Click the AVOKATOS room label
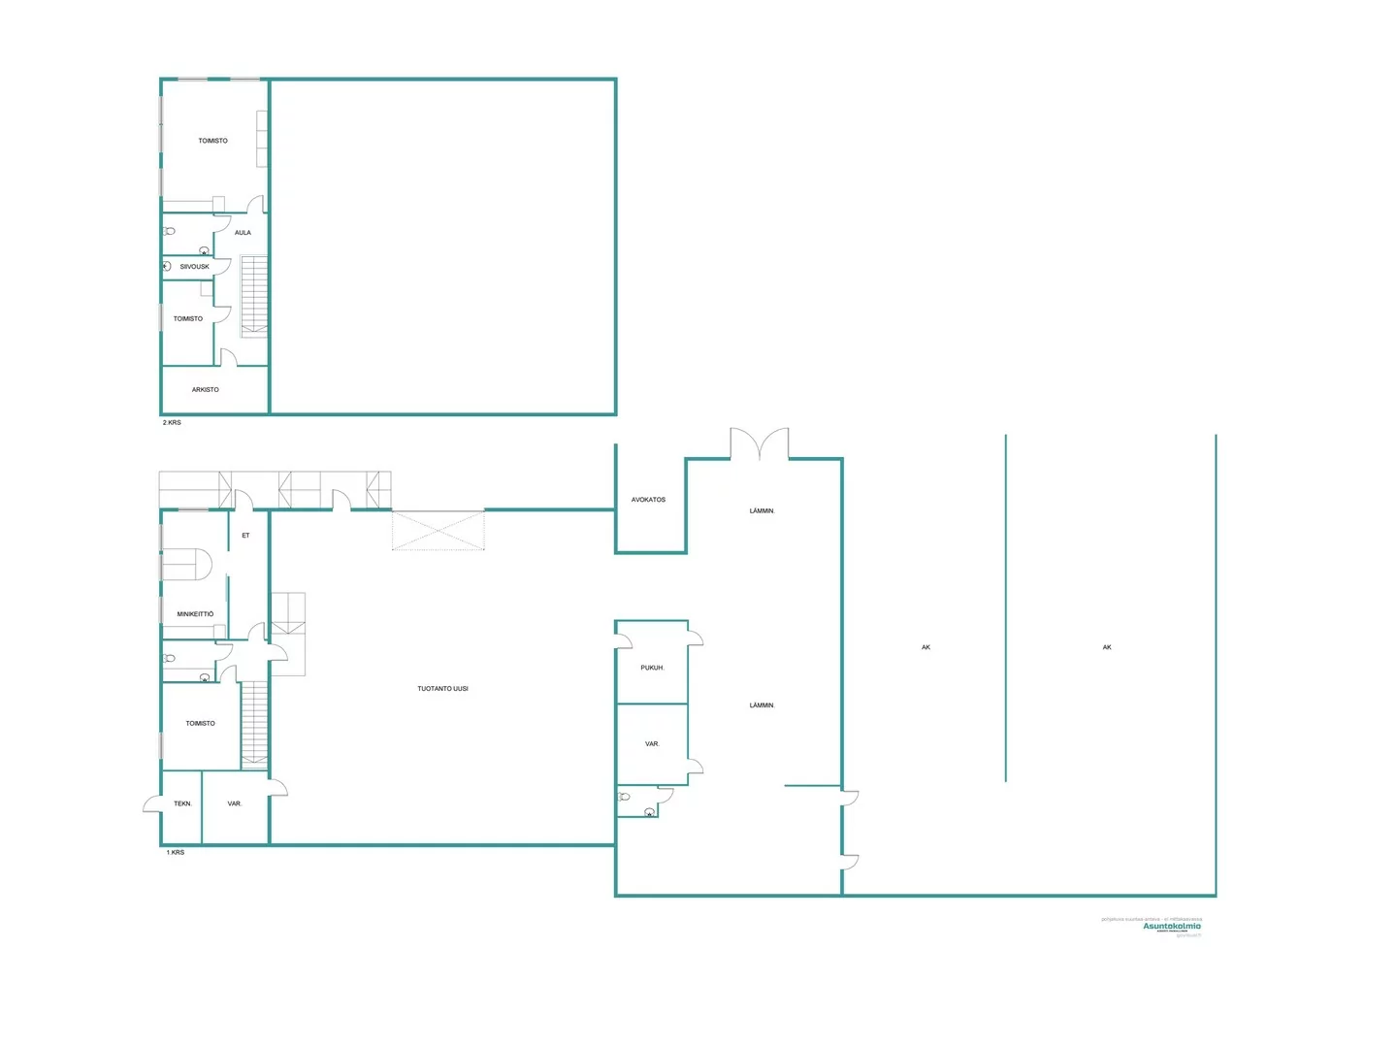point(648,500)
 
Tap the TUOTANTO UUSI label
point(442,689)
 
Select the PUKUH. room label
point(652,668)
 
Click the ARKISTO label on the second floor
point(205,390)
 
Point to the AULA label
point(243,233)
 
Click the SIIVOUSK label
point(194,267)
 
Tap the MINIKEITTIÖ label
point(195,614)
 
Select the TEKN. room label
point(182,804)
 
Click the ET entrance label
point(245,536)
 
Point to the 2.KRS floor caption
point(172,423)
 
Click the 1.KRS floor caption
point(175,853)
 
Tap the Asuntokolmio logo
point(1171,927)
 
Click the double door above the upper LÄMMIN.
point(760,444)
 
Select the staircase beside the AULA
point(254,296)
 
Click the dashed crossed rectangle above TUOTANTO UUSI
point(439,532)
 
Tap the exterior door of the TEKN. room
point(152,804)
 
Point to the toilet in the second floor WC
point(170,232)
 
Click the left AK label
point(926,647)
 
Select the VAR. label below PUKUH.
point(652,744)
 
